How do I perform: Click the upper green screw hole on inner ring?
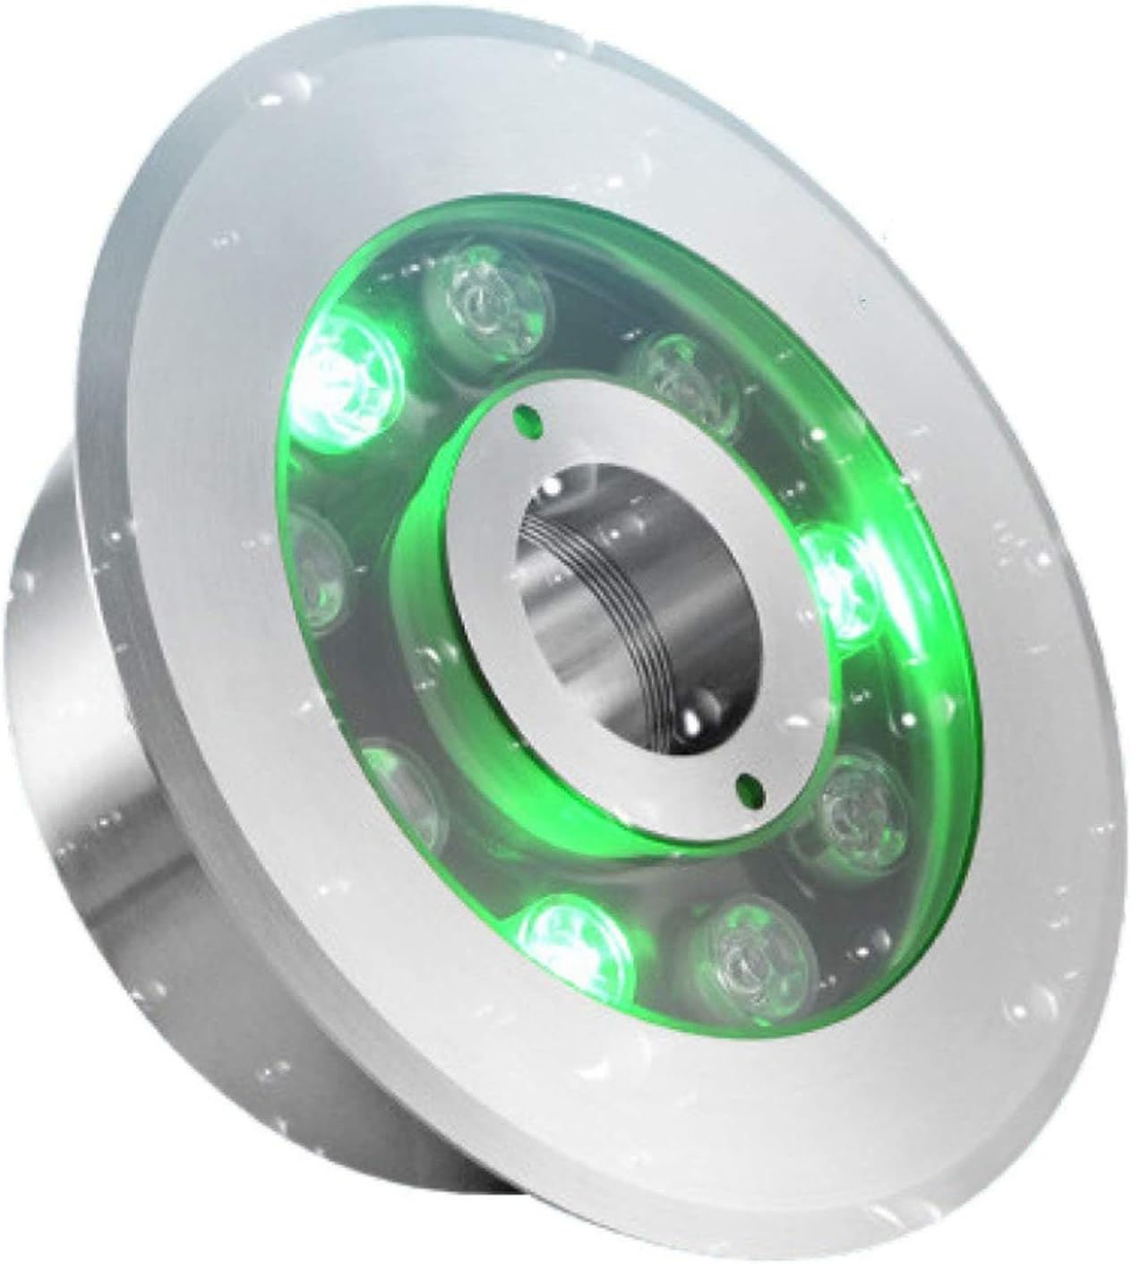coord(527,417)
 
